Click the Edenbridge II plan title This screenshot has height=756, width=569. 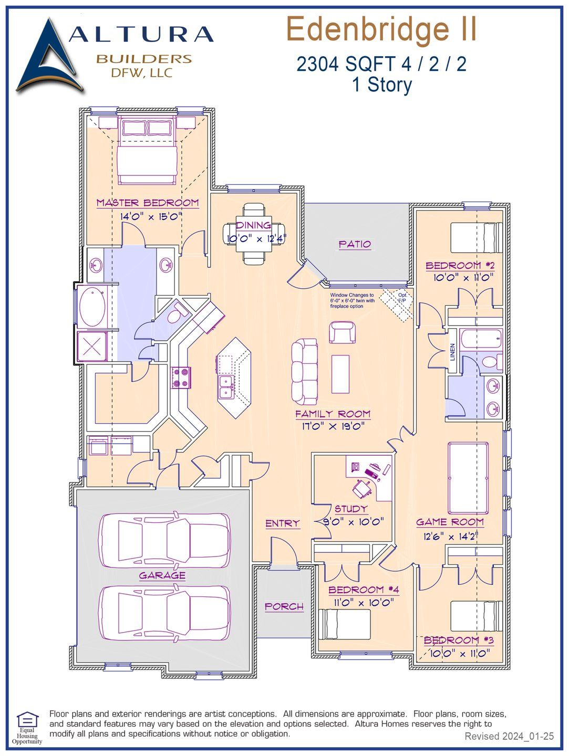pos(381,30)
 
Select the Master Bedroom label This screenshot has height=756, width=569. pos(148,203)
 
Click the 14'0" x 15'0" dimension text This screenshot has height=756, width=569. pos(151,216)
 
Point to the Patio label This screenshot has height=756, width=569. pos(355,244)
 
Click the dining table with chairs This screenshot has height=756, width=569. pos(254,234)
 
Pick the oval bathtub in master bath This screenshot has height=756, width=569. pos(92,307)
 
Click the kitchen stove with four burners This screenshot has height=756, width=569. pos(181,377)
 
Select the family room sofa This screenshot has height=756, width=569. pos(305,371)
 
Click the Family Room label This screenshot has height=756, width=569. pos(333,414)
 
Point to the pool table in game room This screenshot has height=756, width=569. pos(468,478)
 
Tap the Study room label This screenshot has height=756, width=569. pos(351,509)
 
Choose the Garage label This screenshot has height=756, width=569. pos(162,575)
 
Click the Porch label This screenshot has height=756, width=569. pos(284,606)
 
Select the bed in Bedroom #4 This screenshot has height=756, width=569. pos(344,624)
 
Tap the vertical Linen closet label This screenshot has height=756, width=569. pos(452,352)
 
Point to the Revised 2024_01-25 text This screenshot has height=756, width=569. pos(509,736)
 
